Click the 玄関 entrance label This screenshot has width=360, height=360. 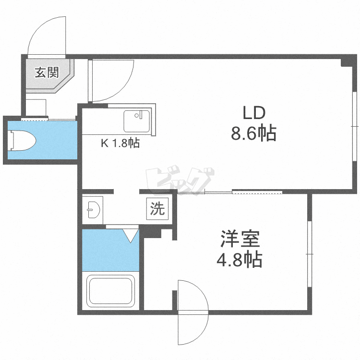pyautogui.click(x=47, y=73)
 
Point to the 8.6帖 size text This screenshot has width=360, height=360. pyautogui.click(x=254, y=133)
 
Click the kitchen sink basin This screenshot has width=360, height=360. pyautogui.click(x=137, y=121)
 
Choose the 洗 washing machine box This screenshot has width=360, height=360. pyautogui.click(x=157, y=209)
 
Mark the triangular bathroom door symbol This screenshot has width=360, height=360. pyautogui.click(x=130, y=235)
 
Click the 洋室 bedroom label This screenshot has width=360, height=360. pyautogui.click(x=240, y=240)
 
